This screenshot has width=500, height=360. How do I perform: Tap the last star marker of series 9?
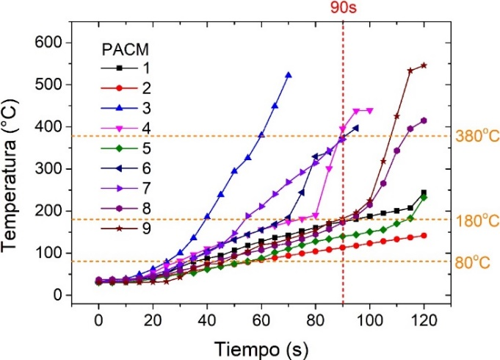pos(424,65)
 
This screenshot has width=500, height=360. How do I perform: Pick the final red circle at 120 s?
pos(424,236)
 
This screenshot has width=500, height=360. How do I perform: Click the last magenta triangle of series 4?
pos(369,111)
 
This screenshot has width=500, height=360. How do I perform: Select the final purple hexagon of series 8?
pos(424,120)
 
